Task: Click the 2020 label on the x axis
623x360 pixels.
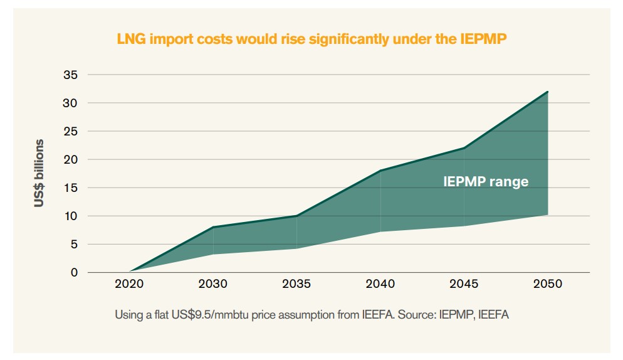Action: coord(129,284)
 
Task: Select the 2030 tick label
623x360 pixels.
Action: coord(213,284)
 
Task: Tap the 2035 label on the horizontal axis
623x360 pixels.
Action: coord(296,284)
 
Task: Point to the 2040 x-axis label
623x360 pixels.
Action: coord(380,284)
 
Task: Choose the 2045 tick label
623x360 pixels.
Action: coord(464,284)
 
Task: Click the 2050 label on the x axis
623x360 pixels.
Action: coord(548,284)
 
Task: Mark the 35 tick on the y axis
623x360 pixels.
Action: coord(71,75)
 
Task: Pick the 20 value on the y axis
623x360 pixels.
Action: coord(71,159)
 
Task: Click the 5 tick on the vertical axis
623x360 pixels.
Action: coord(74,244)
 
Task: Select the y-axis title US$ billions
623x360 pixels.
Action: coord(39,173)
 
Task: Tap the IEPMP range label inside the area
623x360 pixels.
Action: coord(486,182)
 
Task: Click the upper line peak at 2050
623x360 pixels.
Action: coord(548,92)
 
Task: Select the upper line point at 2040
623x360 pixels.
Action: coord(380,171)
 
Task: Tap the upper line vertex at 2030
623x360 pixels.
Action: coord(213,227)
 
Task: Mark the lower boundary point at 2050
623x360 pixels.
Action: coord(548,214)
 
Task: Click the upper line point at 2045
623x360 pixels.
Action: coord(464,148)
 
